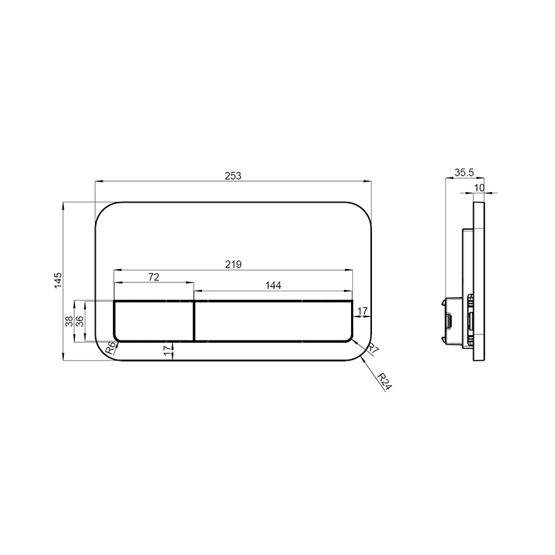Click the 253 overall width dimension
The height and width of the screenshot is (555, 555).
pyautogui.click(x=233, y=176)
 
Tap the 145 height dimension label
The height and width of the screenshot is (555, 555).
pyautogui.click(x=58, y=280)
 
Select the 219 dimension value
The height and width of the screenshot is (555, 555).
pyautogui.click(x=233, y=264)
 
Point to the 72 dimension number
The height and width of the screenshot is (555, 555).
pyautogui.click(x=153, y=277)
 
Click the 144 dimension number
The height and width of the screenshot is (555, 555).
pyautogui.click(x=273, y=285)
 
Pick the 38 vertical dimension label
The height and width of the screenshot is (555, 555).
pyautogui.click(x=69, y=321)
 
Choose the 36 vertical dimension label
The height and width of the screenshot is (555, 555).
pyautogui.click(x=80, y=321)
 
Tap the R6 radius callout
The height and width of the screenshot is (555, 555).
pyautogui.click(x=111, y=348)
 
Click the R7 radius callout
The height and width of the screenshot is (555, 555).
pyautogui.click(x=373, y=350)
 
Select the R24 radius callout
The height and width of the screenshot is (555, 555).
pyautogui.click(x=384, y=382)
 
